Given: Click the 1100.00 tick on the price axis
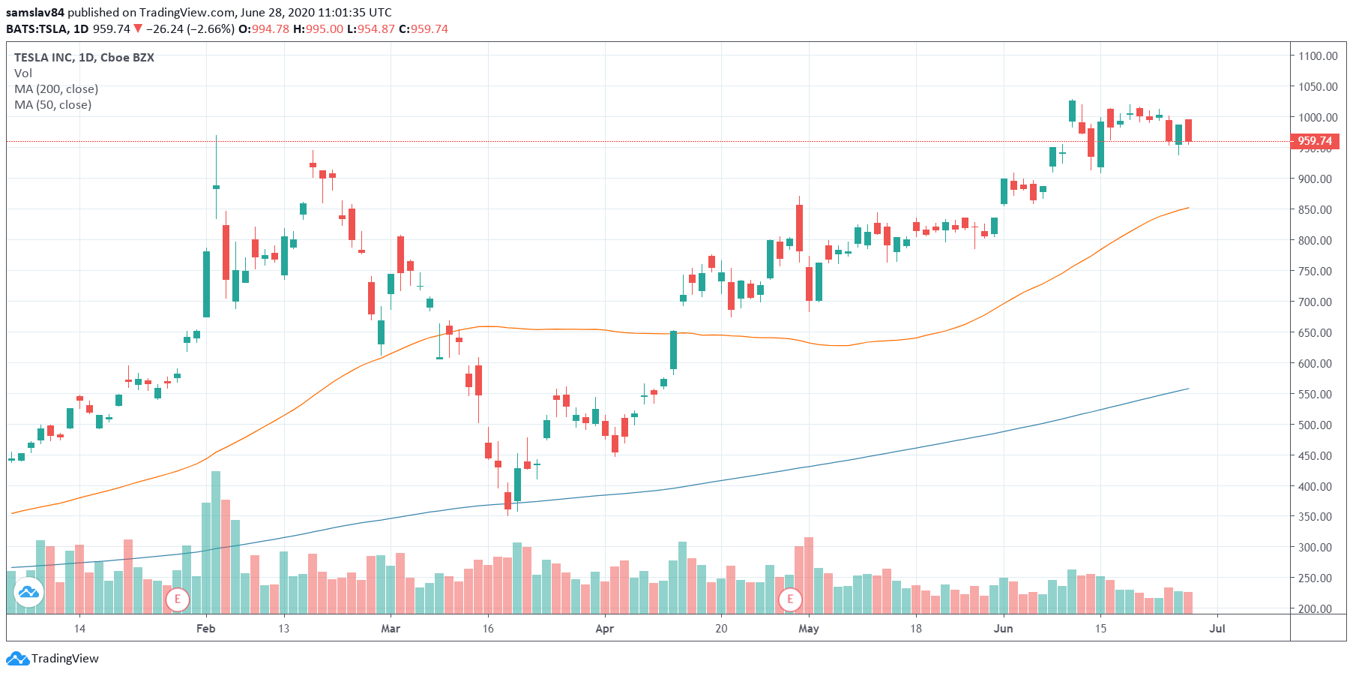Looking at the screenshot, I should [1318, 56].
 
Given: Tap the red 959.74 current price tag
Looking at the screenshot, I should [1315, 141].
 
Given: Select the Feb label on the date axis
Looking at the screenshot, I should [205, 629].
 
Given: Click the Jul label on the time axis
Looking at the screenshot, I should [1217, 629].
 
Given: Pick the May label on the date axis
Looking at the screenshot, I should [808, 629].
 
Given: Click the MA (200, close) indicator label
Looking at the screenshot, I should [56, 89].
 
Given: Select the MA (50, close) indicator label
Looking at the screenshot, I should [52, 105].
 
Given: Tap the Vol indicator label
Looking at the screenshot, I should [23, 74].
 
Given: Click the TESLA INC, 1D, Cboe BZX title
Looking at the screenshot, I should [84, 58].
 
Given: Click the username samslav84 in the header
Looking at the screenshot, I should [35, 13].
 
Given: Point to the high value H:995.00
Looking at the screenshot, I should [318, 29].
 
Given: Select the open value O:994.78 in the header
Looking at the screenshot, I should [264, 29].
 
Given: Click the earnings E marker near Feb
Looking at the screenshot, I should [178, 599].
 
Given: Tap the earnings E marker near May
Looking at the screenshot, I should [790, 599].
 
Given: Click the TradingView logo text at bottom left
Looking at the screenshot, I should [64, 659].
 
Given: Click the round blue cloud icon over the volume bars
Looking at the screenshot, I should [28, 593].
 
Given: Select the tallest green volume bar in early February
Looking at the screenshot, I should [216, 540].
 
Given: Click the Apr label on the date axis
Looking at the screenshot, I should [604, 629].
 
